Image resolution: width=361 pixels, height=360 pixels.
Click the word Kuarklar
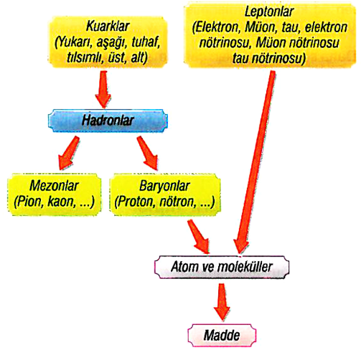click(108, 26)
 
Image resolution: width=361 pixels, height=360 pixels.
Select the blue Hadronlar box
click(108, 120)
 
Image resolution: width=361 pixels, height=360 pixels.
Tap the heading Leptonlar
click(269, 11)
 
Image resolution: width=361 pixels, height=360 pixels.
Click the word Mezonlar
click(54, 186)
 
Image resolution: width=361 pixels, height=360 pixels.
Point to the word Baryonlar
click(164, 186)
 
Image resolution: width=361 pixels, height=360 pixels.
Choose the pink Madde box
click(222, 335)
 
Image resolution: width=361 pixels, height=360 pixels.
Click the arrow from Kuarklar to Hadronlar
click(103, 90)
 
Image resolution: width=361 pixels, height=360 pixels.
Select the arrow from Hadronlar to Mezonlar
click(69, 153)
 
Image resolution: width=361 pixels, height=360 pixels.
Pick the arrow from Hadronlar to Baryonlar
click(148, 153)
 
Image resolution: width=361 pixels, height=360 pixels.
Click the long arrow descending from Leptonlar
click(255, 162)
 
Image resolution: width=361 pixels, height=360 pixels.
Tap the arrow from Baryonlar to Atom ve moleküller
click(198, 237)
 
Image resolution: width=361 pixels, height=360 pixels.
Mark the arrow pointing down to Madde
click(222, 302)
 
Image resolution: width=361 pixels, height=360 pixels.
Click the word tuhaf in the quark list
click(146, 42)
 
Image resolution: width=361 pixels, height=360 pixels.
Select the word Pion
click(29, 202)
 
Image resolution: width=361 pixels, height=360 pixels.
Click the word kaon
click(62, 202)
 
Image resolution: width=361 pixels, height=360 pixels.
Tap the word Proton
click(135, 202)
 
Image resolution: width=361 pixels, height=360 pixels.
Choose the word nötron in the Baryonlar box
click(178, 202)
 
